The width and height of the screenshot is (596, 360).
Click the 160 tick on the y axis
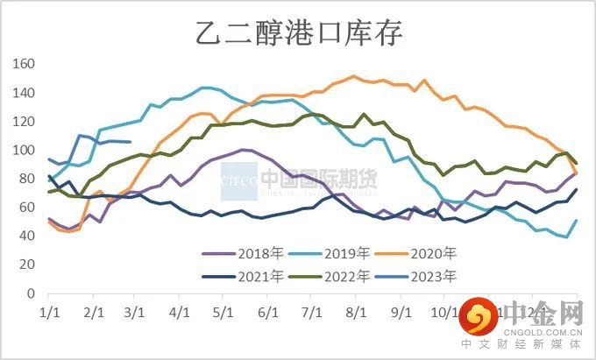[x=24, y=64]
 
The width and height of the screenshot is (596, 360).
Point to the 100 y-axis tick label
[x=24, y=150]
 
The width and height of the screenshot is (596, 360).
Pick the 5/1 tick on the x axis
[x=223, y=311]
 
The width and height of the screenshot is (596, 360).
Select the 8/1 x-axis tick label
[x=356, y=311]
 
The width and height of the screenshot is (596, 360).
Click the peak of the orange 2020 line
[x=353, y=76]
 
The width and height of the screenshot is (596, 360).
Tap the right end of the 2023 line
[x=131, y=142]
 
